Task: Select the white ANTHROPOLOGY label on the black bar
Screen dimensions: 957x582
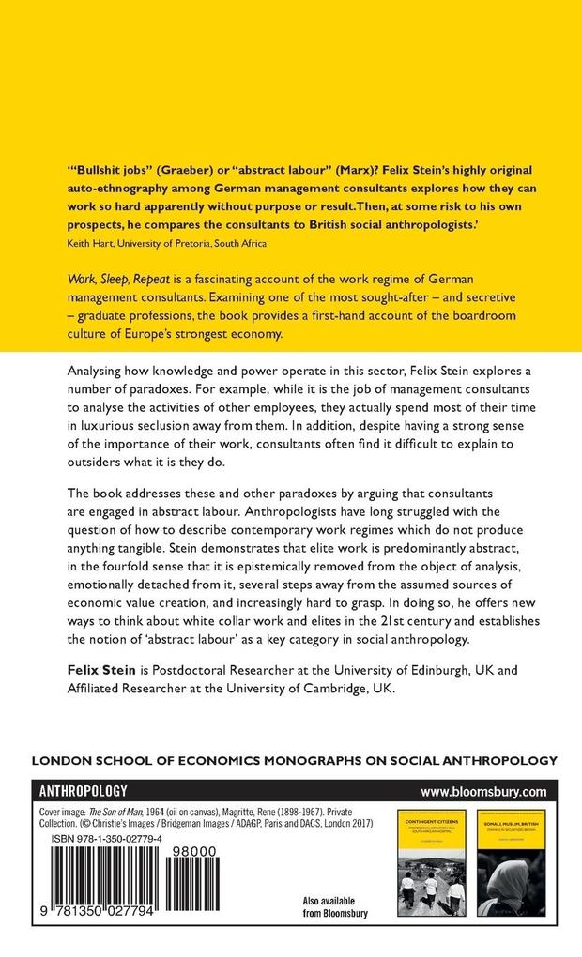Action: [82, 791]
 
